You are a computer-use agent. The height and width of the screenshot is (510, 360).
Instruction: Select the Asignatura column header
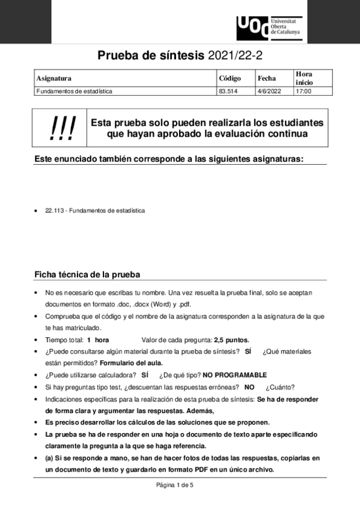(x=54, y=78)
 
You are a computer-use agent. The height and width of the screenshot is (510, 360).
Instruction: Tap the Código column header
(x=230, y=78)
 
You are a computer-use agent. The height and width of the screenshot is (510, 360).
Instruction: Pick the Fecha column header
(x=267, y=78)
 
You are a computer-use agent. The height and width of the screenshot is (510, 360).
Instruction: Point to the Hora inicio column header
(x=305, y=78)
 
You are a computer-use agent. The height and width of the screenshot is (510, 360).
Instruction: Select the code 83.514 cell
(x=227, y=91)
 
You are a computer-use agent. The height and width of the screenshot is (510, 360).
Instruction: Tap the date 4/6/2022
(x=268, y=91)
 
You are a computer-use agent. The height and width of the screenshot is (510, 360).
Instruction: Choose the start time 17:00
(x=304, y=91)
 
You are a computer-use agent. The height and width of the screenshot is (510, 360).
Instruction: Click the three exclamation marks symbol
(x=63, y=128)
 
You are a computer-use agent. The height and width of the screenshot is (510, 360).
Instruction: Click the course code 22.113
(x=55, y=211)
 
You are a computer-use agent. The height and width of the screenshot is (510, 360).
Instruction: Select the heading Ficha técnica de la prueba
(x=87, y=275)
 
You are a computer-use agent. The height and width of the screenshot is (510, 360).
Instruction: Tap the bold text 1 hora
(x=98, y=340)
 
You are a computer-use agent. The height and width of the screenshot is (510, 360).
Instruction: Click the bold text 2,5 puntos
(x=231, y=340)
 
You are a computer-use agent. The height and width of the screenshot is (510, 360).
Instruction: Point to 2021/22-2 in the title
(x=235, y=56)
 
